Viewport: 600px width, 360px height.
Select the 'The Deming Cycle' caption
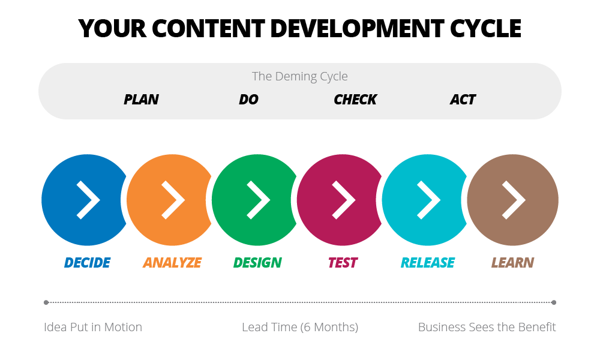[x=299, y=76]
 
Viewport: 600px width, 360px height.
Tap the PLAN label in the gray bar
[x=141, y=100]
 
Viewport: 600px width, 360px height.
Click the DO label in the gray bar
[x=248, y=100]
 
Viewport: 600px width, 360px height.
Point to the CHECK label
[x=355, y=100]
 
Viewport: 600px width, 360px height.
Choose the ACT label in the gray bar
[x=463, y=100]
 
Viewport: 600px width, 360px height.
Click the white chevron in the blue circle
[x=88, y=200]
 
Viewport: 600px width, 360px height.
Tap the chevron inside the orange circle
[x=173, y=200]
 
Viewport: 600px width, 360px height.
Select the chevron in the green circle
[x=259, y=200]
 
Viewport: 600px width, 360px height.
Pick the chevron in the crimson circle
[x=344, y=200]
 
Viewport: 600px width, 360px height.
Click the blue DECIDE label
[x=87, y=263]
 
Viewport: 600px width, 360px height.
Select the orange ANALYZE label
[x=172, y=263]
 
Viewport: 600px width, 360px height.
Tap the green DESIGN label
[x=257, y=263]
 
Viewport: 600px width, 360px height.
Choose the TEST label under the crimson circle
[x=343, y=263]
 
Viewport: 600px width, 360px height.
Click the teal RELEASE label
[x=428, y=263]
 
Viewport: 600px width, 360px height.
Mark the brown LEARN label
[x=512, y=263]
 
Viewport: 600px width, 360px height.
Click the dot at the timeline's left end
[x=46, y=302]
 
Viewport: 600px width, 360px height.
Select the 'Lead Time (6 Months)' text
[x=300, y=327]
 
